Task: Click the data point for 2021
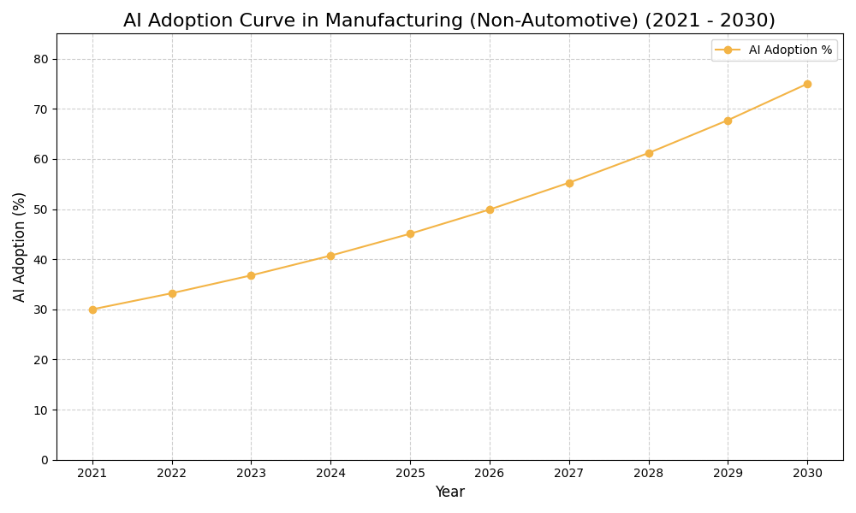(x=92, y=310)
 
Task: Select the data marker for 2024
(x=330, y=256)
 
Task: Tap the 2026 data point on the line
(x=490, y=209)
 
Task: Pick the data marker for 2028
(x=649, y=153)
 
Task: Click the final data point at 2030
(x=807, y=84)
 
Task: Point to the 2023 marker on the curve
(x=251, y=275)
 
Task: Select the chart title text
(x=449, y=21)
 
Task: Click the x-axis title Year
(x=449, y=492)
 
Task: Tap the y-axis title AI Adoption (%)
(x=20, y=246)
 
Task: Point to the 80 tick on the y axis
(x=41, y=59)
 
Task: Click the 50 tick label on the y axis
(x=41, y=209)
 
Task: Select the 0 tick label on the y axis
(x=45, y=460)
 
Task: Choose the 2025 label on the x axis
(x=410, y=474)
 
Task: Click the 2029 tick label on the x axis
(x=728, y=474)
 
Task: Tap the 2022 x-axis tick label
(x=172, y=474)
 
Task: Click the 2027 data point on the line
(x=569, y=183)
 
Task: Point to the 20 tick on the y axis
(x=41, y=360)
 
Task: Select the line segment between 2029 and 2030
(x=768, y=102)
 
